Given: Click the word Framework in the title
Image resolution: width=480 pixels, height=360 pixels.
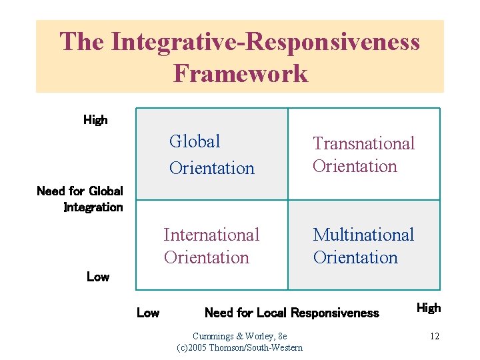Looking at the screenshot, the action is point(240,73).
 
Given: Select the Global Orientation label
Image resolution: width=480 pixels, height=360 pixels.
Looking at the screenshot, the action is point(212,155).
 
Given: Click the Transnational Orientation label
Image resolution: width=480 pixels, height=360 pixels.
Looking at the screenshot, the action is point(363,155).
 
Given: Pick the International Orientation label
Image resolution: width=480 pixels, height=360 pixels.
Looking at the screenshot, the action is point(211,246).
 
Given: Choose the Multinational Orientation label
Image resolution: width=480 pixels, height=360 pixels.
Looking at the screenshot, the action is point(363,246).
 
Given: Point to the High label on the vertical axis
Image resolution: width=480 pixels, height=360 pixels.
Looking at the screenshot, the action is point(95,120).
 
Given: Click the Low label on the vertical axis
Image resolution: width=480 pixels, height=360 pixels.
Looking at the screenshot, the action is point(98,276).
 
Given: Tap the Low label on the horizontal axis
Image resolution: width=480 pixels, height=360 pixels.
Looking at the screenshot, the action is point(148,313).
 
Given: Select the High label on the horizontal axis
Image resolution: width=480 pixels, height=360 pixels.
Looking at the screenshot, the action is point(429,308).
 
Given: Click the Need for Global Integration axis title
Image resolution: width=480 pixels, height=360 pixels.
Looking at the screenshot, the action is point(80,199).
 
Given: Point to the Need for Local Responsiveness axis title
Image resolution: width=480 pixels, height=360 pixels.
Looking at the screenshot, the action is point(291,313).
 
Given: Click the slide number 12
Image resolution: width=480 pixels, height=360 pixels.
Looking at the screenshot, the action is point(434,336).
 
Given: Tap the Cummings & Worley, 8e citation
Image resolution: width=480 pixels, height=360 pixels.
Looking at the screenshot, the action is point(239,336).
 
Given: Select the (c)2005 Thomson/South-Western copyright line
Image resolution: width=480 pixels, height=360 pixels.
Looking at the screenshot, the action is point(239,347).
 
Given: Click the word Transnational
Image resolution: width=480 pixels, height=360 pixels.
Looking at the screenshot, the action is point(363,143).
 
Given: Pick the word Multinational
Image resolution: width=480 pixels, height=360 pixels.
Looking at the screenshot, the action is point(363,235).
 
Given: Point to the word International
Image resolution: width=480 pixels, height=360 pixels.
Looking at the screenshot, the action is point(211,235).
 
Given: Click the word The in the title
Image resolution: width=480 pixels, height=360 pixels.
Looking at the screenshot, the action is point(82,41).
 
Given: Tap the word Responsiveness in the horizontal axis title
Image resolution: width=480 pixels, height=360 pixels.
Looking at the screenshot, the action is point(335,313).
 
